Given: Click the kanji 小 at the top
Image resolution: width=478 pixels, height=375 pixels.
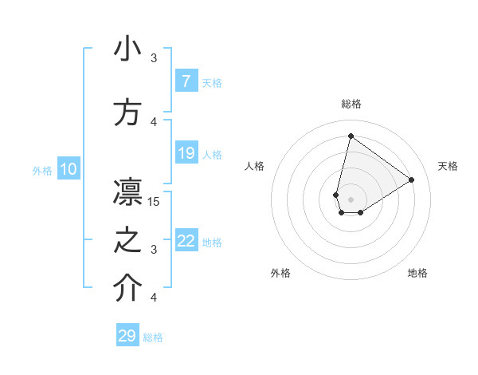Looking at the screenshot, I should coord(127,49).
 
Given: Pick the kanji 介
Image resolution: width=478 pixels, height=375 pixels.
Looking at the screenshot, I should coord(127,289).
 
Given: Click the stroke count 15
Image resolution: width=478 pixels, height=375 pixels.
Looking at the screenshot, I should coord(155,202).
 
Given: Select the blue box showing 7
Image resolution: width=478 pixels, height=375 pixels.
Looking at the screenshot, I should coord(186,81).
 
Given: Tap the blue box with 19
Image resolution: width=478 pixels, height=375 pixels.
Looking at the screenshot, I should coord(186,153).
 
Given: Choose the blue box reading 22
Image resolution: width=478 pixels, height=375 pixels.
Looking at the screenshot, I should coord(186,241).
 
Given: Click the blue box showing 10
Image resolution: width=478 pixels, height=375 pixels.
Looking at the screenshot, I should coord(68,169).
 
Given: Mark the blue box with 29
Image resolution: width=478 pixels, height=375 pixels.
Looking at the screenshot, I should coord(127,336).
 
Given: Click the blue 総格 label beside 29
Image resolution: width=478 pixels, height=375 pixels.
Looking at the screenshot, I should coord(153,337).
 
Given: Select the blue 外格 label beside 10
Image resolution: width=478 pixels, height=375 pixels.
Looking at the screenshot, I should coord(42,170).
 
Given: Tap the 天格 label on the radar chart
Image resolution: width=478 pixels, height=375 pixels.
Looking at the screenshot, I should coord(448,166).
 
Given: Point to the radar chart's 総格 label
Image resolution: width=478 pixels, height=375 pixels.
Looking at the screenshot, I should coord(351,104).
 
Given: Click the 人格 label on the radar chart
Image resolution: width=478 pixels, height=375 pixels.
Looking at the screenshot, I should coord(254,166).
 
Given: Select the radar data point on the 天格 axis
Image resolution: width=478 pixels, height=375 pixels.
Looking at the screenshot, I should coord(412,180).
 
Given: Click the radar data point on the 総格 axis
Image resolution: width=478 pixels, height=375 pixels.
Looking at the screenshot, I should coord(351,136).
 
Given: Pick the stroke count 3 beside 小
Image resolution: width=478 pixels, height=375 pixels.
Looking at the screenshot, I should coord(155,58).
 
